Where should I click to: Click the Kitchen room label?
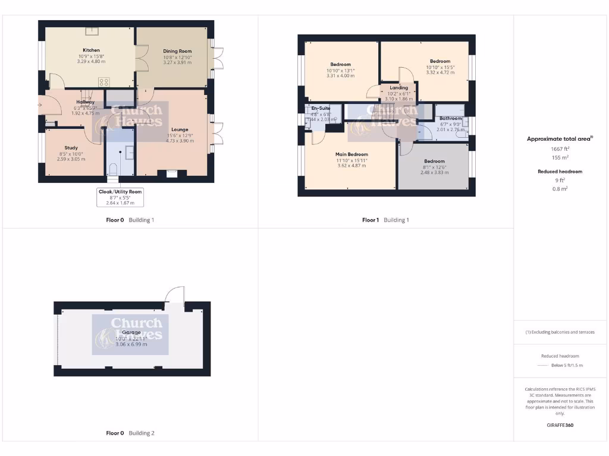[91, 50]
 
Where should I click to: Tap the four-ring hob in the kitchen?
[103, 83]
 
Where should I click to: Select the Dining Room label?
[178, 52]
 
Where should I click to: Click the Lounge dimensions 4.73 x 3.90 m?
[180, 141]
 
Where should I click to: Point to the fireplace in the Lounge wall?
[172, 173]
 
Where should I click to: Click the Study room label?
[71, 148]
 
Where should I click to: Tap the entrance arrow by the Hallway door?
[40, 106]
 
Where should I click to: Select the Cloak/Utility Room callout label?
[120, 192]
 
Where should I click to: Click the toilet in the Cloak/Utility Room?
[114, 169]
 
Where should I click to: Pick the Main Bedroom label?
[351, 154]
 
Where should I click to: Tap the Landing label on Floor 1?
[398, 88]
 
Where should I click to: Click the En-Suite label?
[321, 109]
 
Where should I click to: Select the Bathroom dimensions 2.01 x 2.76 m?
[450, 129]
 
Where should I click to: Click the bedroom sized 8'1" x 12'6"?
[434, 166]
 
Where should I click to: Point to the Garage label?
[131, 332]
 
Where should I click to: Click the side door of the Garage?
[174, 297]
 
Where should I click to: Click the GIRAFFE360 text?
[559, 425]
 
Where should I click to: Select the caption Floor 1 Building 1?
[385, 220]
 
